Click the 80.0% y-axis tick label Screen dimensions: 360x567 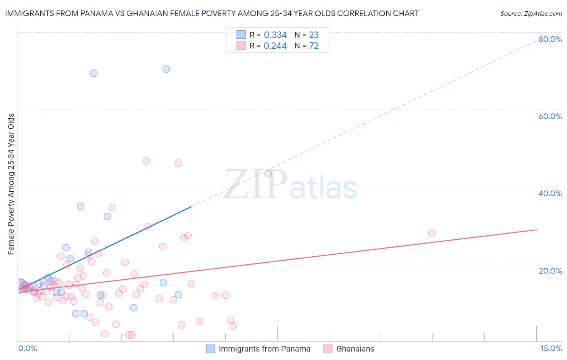[550, 39]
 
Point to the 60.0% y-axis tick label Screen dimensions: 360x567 [550, 116]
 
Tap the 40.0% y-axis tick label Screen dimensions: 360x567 [550, 193]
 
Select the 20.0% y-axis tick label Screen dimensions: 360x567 [550, 270]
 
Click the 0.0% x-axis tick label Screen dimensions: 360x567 [27, 348]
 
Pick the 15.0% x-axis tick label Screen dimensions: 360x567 [551, 348]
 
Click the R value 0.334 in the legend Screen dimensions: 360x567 [275, 35]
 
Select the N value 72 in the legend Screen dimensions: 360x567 [314, 46]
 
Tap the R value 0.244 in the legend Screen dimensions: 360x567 [275, 46]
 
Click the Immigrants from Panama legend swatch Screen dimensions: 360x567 [211, 349]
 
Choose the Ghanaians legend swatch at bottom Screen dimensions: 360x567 [328, 349]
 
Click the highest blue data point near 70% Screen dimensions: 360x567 [166, 69]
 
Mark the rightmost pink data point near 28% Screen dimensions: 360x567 [432, 233]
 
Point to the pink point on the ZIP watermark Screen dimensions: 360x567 [268, 174]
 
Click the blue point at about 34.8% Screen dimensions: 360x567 [81, 206]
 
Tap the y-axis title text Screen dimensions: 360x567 [11, 184]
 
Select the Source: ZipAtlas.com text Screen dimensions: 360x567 [531, 14]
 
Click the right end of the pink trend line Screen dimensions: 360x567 [536, 230]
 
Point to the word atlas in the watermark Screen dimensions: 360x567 [323, 188]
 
